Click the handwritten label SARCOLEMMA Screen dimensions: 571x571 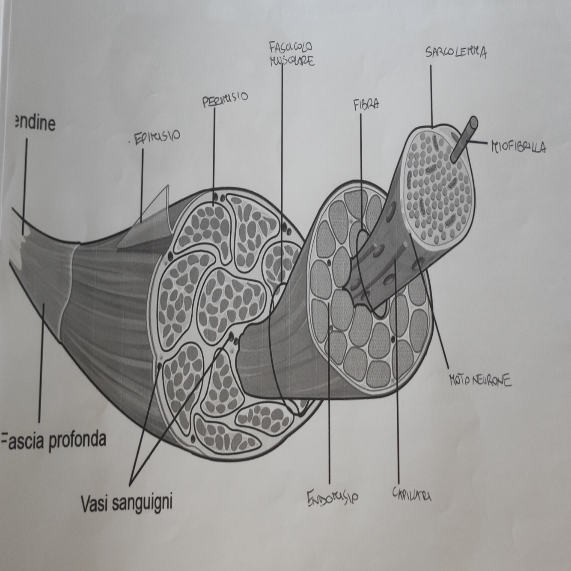point(455,53)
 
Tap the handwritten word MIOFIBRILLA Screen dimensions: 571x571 point(518,148)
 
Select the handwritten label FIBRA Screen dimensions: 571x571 point(366,105)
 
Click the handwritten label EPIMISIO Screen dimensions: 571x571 point(157,138)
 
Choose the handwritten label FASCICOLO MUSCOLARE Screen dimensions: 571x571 point(291,54)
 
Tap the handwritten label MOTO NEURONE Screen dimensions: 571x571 point(480,380)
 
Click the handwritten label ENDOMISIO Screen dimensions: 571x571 point(333,497)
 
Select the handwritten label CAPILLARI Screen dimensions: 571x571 point(411,494)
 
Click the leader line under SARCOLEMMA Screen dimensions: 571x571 point(431,94)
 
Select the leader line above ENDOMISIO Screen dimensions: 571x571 point(329,407)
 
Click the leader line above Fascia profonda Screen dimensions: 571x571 point(41,364)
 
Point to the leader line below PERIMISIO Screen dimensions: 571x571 point(214,150)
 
